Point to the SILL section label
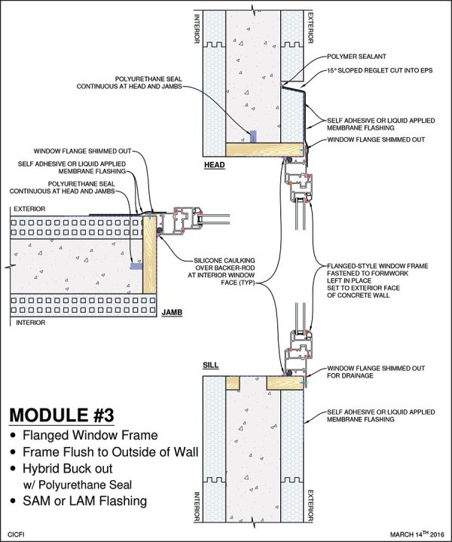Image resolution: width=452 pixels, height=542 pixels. tap(211, 365)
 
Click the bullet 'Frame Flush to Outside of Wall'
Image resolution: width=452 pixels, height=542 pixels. tap(105, 452)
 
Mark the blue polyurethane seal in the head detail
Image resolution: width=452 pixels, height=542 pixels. tap(254, 136)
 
